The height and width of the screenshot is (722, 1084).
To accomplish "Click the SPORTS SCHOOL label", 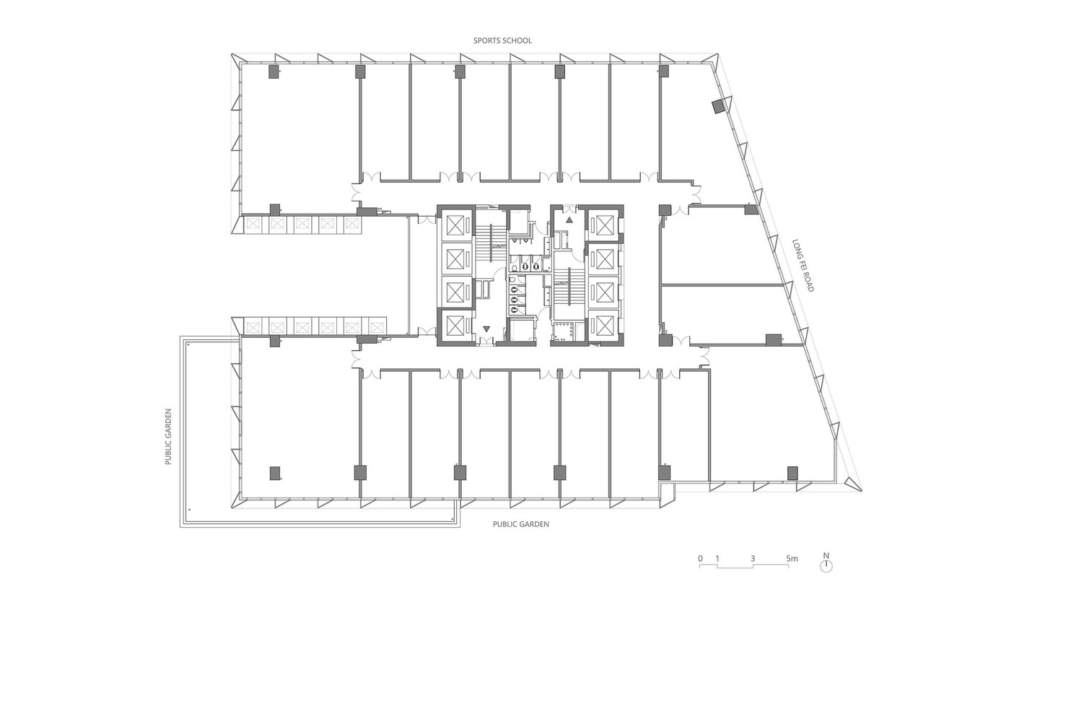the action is point(502,40).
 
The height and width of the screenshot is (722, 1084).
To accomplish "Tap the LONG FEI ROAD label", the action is point(803,266).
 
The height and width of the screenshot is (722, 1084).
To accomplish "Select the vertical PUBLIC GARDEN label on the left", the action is point(168,437).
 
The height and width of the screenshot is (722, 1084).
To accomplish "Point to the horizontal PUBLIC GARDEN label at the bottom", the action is point(520,524).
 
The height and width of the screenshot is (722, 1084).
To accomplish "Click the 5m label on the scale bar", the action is point(792,558).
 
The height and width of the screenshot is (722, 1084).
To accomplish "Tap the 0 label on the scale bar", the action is point(700,558).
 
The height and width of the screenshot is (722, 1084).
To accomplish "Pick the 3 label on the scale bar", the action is point(753,558).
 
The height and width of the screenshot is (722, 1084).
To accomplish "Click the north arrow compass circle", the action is point(826,567).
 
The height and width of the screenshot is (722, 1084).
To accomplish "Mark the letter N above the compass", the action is point(826,555).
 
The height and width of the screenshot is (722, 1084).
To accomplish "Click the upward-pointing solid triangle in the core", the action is point(569,219).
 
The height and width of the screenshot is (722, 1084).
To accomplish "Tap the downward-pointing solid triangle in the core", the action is point(486,329).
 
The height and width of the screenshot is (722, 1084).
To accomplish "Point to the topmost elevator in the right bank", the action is point(603,225).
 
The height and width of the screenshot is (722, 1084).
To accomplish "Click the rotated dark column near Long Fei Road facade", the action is point(719,107).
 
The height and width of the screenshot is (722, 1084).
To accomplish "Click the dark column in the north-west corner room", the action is point(274,71).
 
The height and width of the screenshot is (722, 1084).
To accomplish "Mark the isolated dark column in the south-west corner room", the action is point(275,473).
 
